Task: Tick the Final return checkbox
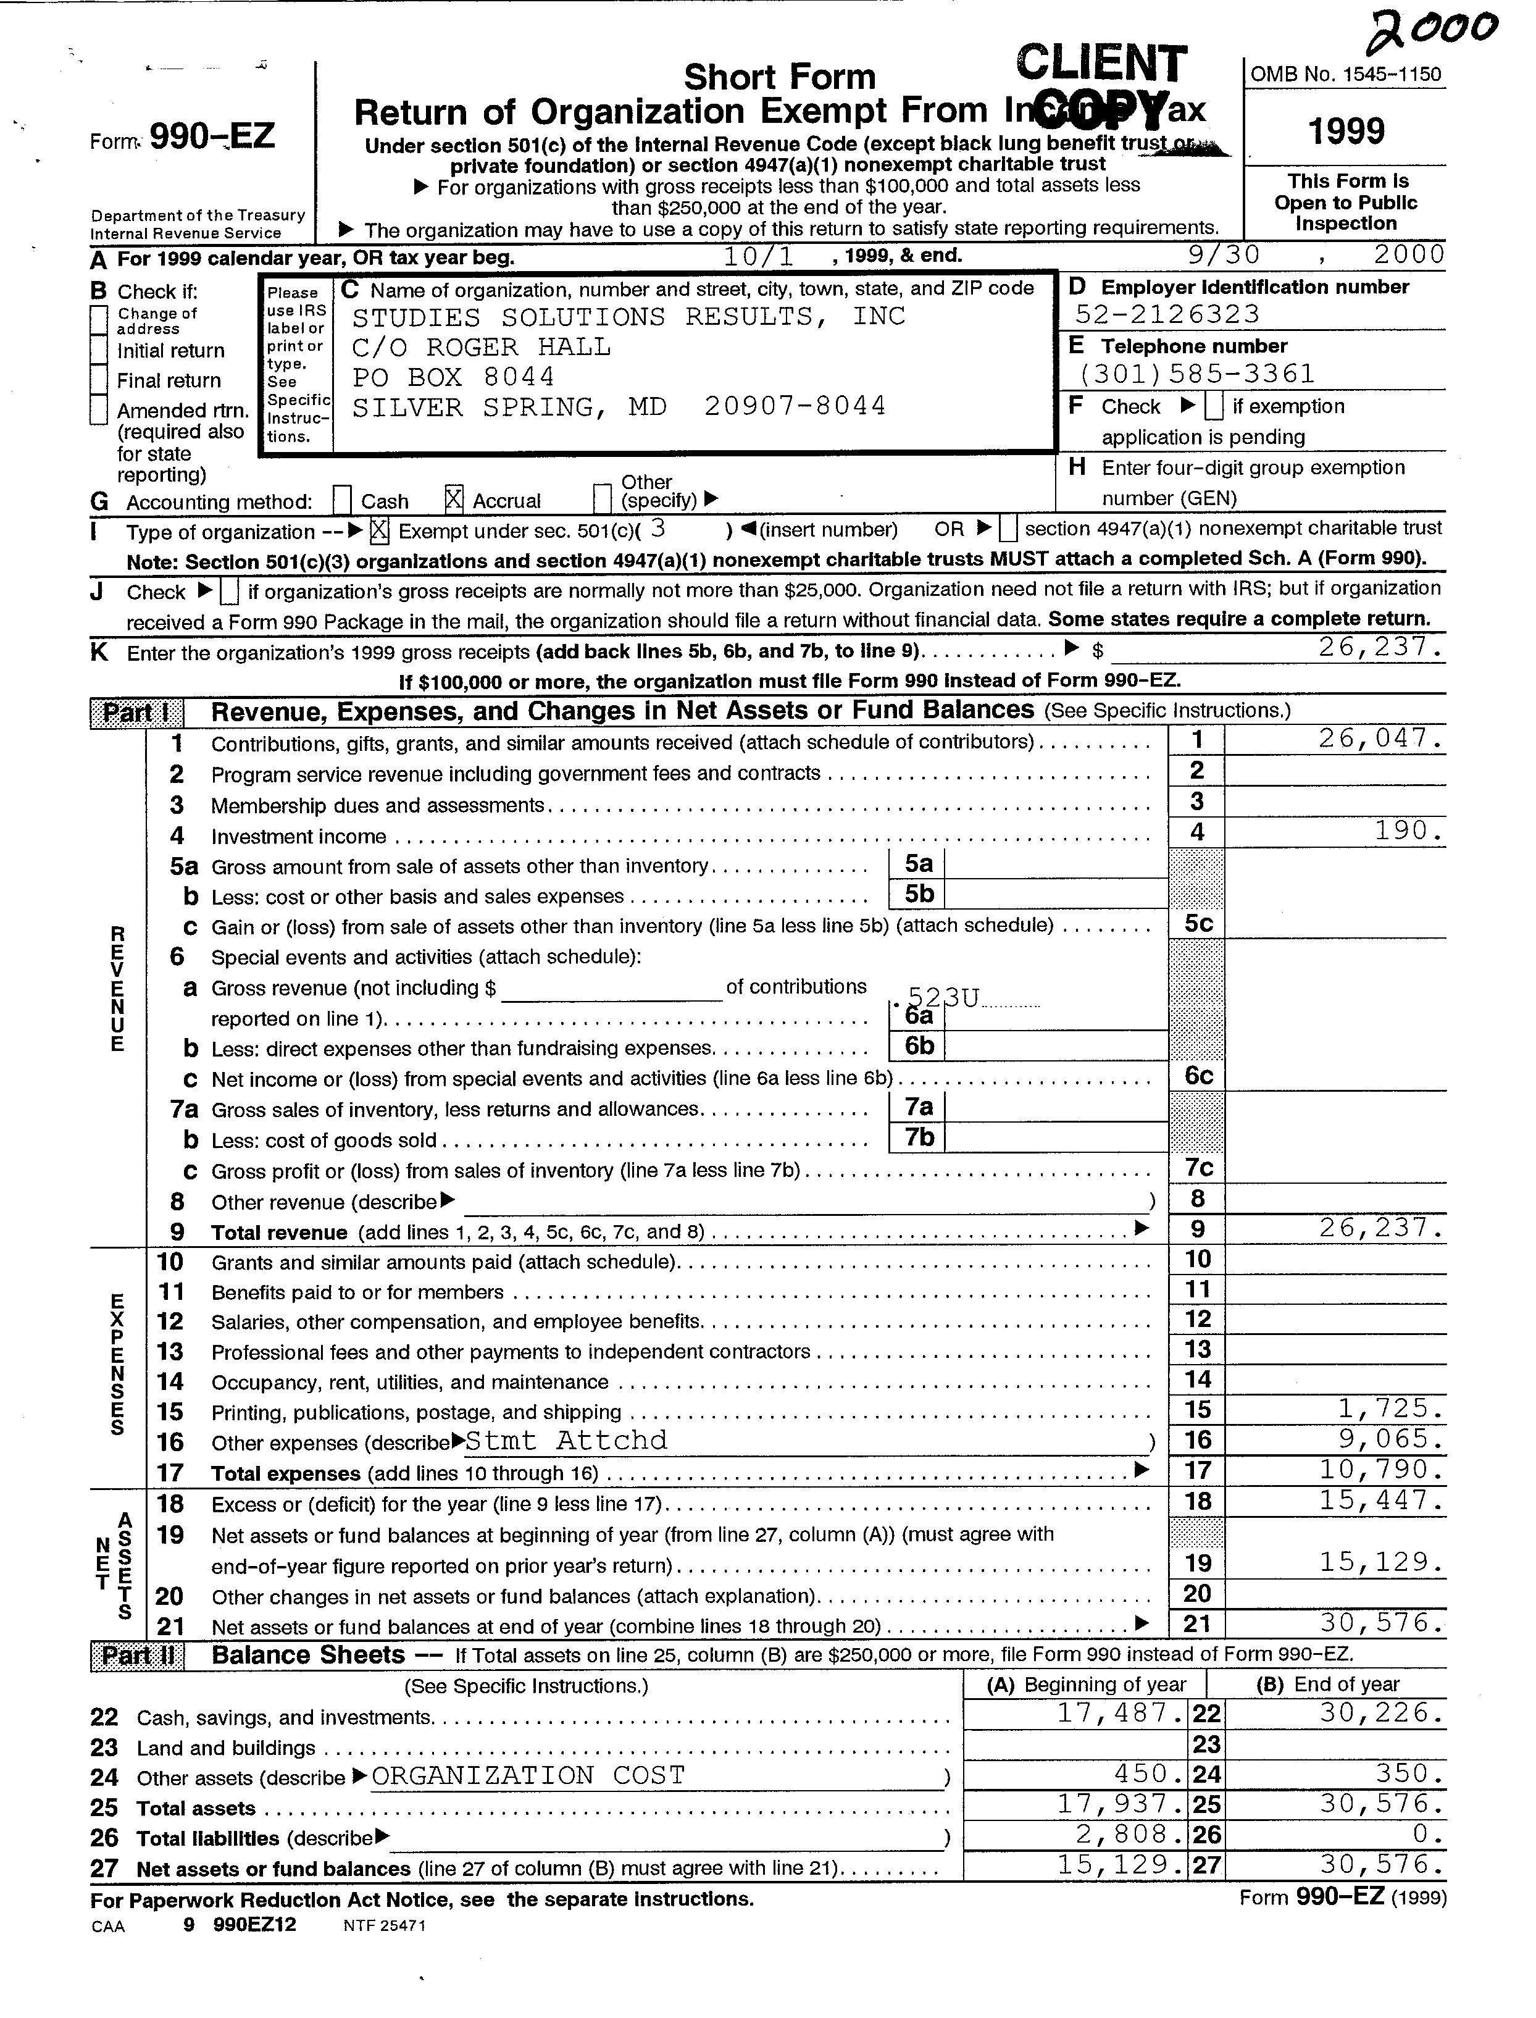point(99,380)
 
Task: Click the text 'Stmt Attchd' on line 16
point(566,1440)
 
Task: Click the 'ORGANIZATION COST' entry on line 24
point(528,1776)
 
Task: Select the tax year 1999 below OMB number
point(1346,132)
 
